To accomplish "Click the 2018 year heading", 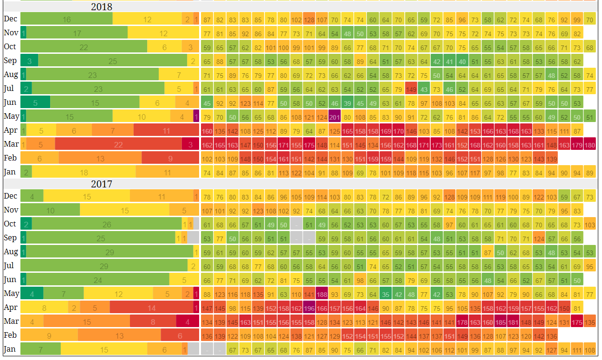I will click(x=101, y=7).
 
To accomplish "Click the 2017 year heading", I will click(x=101, y=184).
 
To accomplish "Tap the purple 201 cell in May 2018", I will click(x=334, y=117).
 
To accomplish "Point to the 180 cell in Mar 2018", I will click(x=589, y=145).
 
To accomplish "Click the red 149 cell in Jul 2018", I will click(x=411, y=90).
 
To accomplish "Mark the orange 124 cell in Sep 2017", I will click(x=538, y=239).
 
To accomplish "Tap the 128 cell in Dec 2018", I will click(x=309, y=20).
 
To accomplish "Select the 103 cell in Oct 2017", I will click(x=589, y=225).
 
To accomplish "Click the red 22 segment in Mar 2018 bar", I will click(x=118, y=144).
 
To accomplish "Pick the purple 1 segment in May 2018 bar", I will click(x=196, y=116).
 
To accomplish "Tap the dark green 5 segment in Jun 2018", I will click(x=35, y=103).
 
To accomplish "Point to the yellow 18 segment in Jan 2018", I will click(x=84, y=172).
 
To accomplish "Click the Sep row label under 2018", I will click(x=10, y=61).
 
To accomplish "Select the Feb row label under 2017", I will click(x=10, y=335).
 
